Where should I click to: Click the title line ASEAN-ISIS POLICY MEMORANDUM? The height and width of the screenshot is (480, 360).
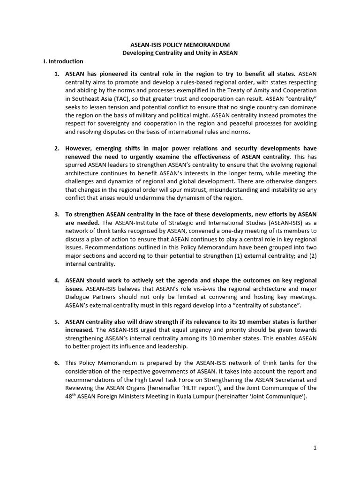[180, 44]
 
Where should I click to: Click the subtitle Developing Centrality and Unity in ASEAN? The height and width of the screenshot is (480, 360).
[180, 52]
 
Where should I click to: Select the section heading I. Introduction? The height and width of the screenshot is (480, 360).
[63, 61]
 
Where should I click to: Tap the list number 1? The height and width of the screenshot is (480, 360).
[57, 74]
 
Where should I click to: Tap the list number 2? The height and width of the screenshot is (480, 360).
[57, 148]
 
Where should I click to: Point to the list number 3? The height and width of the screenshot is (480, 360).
[57, 214]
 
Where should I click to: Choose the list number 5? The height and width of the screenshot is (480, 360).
[57, 322]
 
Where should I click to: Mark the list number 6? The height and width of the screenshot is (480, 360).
[57, 363]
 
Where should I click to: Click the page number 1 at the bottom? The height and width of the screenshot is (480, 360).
[315, 448]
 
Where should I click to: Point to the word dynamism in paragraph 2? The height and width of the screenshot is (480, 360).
[190, 198]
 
